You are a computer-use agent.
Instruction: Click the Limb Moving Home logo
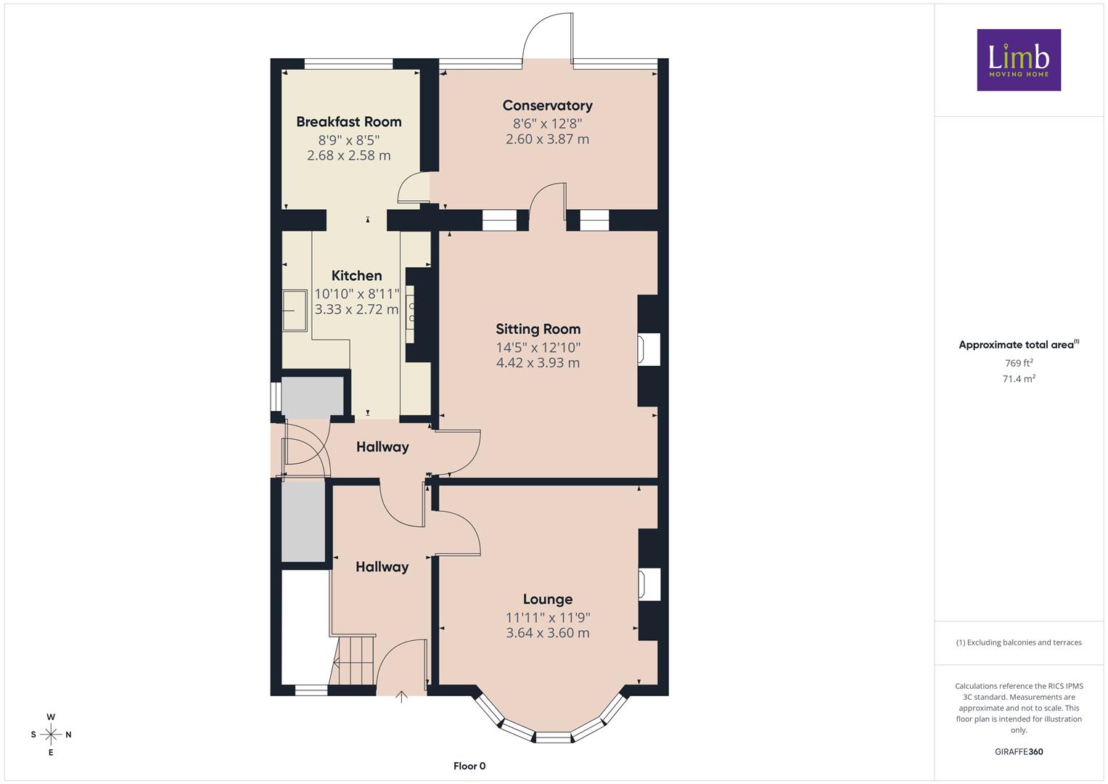click(x=1019, y=60)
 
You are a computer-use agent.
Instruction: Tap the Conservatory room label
click(x=547, y=105)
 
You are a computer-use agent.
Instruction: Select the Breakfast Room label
click(x=349, y=122)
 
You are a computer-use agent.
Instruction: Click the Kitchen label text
click(x=357, y=276)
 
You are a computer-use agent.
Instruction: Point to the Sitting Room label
click(x=538, y=329)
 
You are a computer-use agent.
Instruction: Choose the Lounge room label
click(x=548, y=600)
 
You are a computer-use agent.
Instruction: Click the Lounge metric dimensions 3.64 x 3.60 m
click(x=548, y=632)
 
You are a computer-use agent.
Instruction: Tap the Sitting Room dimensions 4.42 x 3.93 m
click(x=538, y=363)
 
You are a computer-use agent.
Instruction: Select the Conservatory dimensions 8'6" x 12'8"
click(x=547, y=123)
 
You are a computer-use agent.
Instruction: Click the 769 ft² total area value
click(x=1019, y=363)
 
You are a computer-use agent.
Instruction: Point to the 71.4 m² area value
click(x=1019, y=379)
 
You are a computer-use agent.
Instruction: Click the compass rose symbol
click(x=51, y=735)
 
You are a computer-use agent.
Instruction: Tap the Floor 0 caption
click(x=469, y=766)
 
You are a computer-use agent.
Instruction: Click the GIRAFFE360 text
click(x=1019, y=752)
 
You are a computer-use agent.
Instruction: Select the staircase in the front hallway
click(x=352, y=661)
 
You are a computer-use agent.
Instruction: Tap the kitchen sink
click(x=295, y=311)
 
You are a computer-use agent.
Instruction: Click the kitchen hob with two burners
click(x=410, y=314)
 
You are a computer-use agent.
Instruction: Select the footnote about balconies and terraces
click(x=1019, y=642)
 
